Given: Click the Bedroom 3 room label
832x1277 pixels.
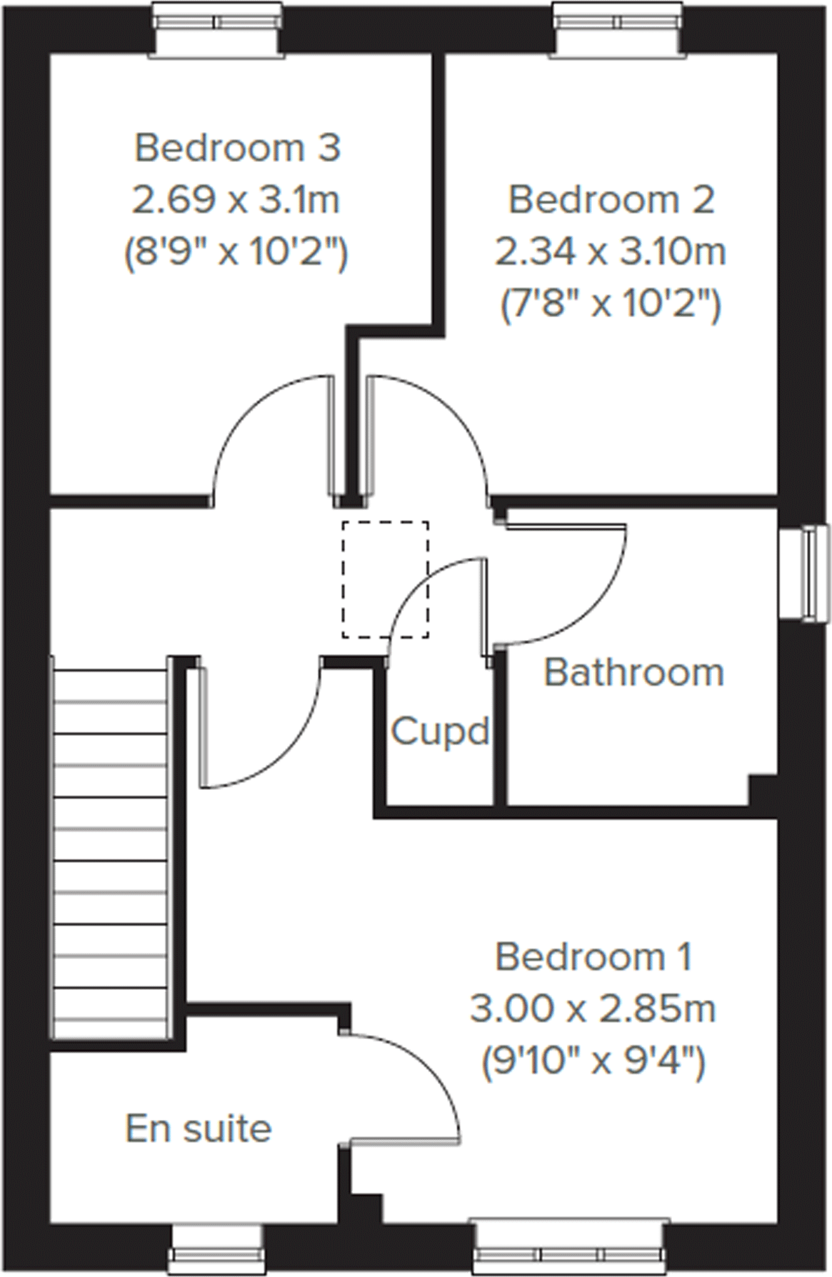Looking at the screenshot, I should pos(237,149).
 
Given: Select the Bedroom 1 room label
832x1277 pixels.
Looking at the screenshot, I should pos(593,957).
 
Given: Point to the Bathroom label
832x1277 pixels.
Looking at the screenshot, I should pos(633,673).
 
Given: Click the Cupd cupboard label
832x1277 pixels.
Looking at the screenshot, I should pos(440,731).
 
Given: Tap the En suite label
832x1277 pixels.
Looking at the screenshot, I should pos(199,1128).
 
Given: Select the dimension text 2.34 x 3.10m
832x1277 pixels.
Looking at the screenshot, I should pos(611,252).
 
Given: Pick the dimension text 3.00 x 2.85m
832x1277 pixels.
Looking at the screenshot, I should pos(593,1009).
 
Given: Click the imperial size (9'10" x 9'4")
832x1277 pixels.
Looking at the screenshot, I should pos(593,1061).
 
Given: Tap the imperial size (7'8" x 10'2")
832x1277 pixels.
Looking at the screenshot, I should pos(611,306).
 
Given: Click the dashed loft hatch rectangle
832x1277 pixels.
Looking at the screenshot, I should pos(385,579).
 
